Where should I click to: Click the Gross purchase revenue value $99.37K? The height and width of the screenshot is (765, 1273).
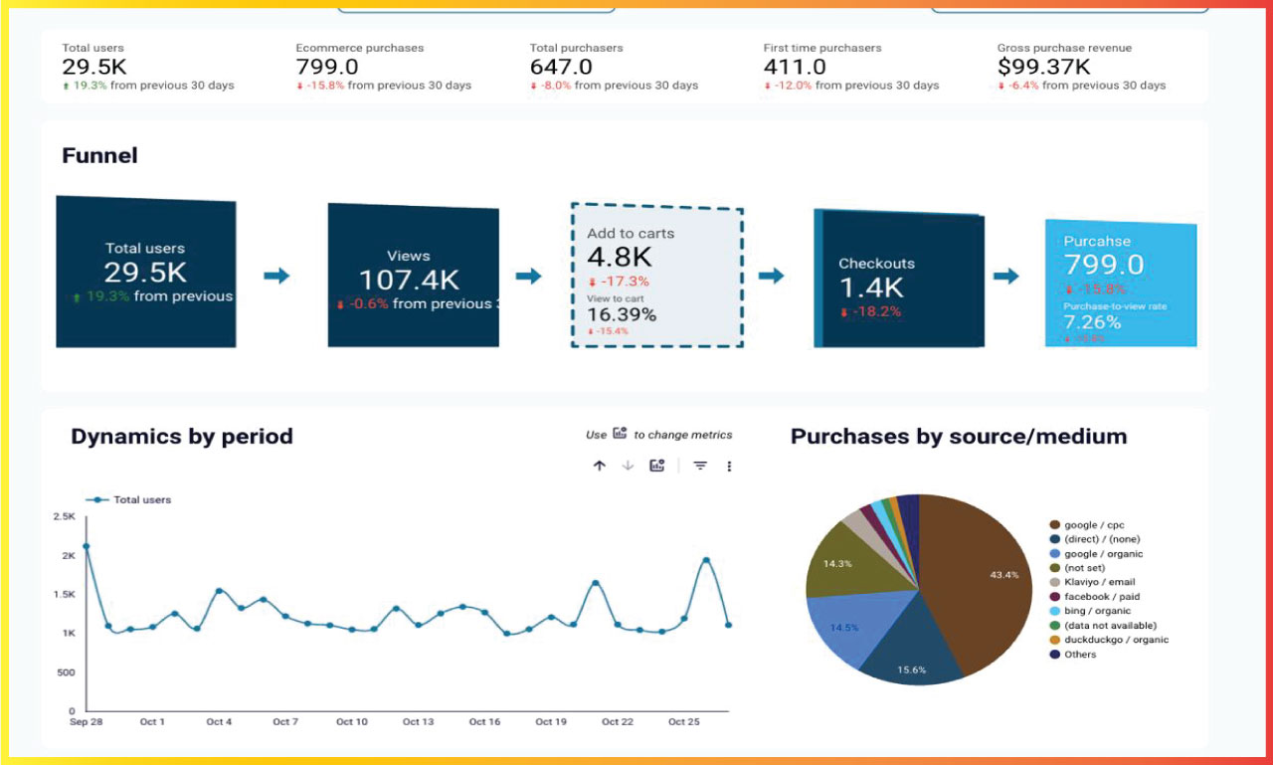(1043, 67)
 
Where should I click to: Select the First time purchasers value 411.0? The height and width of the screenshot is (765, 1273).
(794, 67)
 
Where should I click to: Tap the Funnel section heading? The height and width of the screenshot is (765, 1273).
(99, 155)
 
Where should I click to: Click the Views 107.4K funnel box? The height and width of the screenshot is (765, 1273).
(413, 276)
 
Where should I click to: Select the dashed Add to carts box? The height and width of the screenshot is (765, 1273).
(656, 276)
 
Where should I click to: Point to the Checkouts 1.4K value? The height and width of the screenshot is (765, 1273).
(871, 287)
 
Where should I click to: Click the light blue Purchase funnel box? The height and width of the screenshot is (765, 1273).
(1120, 284)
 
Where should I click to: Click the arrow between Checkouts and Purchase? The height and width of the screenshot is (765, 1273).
(1006, 276)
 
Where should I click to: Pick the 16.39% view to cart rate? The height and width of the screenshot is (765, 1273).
(622, 314)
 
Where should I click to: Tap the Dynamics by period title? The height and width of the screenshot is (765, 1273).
(182, 436)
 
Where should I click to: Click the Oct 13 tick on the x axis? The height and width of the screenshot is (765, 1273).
(418, 721)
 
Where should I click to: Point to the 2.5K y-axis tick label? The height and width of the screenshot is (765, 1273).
(64, 516)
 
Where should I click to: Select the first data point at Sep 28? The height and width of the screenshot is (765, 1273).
(86, 546)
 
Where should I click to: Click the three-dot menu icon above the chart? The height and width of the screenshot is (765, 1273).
(729, 466)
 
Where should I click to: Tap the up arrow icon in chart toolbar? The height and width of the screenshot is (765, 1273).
(599, 466)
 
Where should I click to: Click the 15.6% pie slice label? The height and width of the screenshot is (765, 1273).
(911, 669)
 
